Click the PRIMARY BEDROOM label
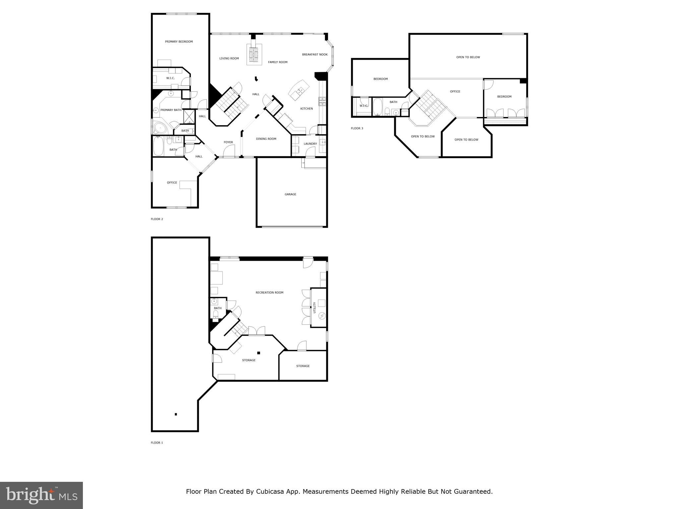click(x=179, y=42)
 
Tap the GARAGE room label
click(x=290, y=195)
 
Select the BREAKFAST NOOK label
click(x=315, y=55)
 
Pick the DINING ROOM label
click(x=266, y=139)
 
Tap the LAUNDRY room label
click(x=310, y=144)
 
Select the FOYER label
click(x=228, y=142)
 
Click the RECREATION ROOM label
click(x=269, y=293)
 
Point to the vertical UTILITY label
click(x=315, y=308)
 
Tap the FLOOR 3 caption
click(x=357, y=128)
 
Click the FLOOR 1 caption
click(x=157, y=443)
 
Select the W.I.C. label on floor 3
click(x=363, y=106)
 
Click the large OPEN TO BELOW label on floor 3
click(x=468, y=57)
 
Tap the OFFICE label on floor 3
click(x=455, y=91)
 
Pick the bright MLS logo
click(x=41, y=495)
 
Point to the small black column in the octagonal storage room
click(x=259, y=353)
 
